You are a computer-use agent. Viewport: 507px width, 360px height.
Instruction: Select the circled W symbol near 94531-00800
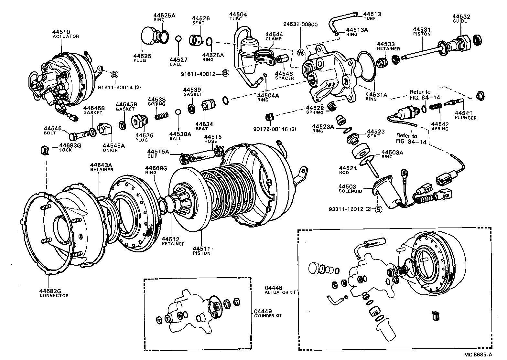pyautogui.click(x=301, y=52)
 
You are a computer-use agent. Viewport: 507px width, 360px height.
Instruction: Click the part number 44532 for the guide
pyautogui.click(x=461, y=16)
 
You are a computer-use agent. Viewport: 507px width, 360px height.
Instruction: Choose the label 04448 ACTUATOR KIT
pyautogui.click(x=279, y=290)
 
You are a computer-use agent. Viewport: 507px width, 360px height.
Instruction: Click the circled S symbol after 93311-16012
pyautogui.click(x=379, y=209)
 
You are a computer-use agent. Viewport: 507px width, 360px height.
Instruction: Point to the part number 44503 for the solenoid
pyautogui.click(x=347, y=186)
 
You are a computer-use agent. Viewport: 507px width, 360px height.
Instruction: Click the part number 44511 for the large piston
pyautogui.click(x=201, y=248)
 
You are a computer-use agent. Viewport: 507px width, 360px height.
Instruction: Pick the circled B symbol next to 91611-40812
pyautogui.click(x=225, y=73)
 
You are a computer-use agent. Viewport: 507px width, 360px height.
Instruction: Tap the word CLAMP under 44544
pyautogui.click(x=274, y=39)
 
